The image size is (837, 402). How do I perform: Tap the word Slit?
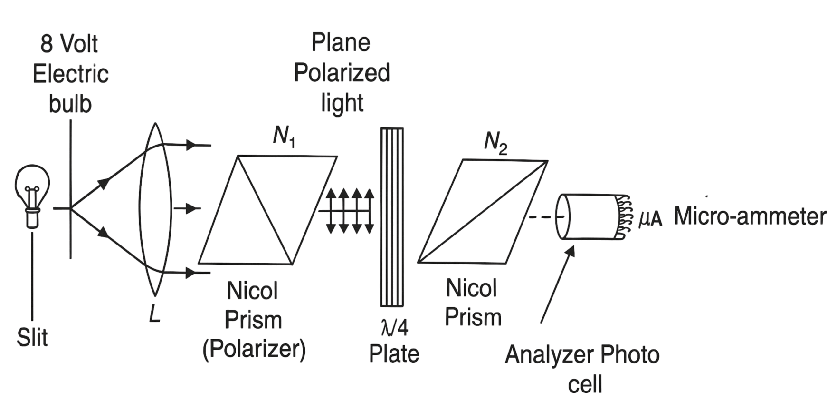click(x=32, y=338)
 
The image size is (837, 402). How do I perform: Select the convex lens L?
click(x=155, y=209)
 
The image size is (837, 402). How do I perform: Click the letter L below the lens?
click(x=155, y=314)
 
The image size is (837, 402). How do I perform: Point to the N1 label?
click(x=284, y=137)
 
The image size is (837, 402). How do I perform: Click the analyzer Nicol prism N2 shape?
click(x=483, y=212)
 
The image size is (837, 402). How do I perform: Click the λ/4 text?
click(x=394, y=328)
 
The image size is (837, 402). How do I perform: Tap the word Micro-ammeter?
click(x=750, y=216)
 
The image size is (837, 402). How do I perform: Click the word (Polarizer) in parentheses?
click(x=254, y=349)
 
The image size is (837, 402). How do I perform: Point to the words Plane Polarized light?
click(x=342, y=73)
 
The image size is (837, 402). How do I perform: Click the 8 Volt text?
click(x=69, y=44)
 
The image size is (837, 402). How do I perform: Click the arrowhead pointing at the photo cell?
click(x=571, y=251)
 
